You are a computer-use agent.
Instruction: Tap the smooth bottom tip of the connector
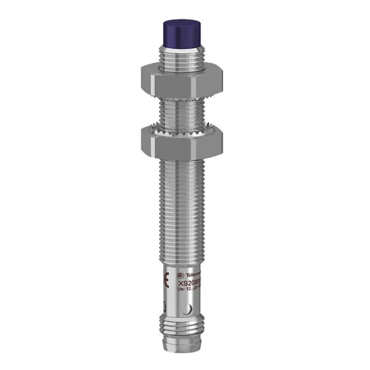point(183,355)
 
